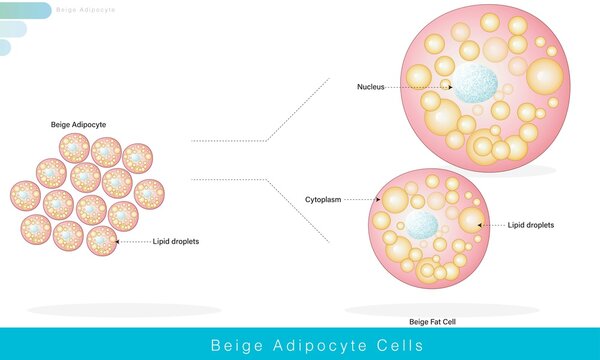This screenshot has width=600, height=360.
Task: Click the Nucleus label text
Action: pos(370,87)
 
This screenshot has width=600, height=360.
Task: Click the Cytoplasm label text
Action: pos(323,200)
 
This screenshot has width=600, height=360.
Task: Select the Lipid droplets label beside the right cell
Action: pos(530,225)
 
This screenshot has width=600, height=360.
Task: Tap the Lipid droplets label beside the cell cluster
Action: pos(175,242)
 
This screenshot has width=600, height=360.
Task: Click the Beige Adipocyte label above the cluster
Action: pos(78,125)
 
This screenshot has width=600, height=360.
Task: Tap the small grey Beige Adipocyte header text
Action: pos(86,10)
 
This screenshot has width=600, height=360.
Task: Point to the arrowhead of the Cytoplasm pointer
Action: pos(376,200)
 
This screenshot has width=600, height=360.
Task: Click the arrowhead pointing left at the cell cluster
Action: pos(117,242)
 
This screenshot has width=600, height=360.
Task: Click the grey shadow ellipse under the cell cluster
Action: pos(124,310)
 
